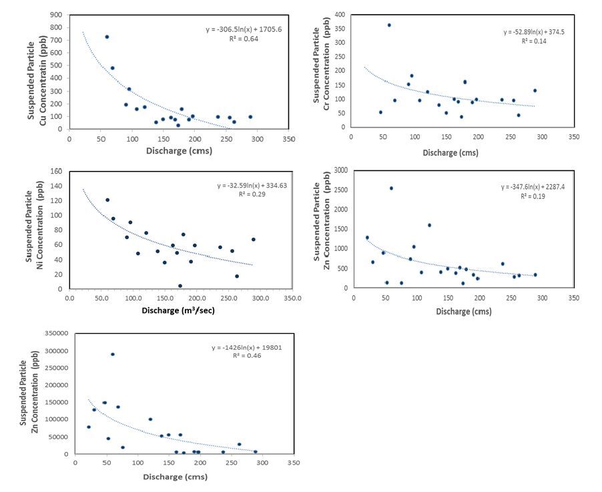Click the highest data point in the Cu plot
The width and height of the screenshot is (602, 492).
click(x=107, y=37)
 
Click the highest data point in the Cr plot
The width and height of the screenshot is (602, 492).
click(x=389, y=25)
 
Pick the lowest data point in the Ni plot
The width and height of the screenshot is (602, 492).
click(x=180, y=286)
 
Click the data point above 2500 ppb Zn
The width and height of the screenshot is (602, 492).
click(x=391, y=188)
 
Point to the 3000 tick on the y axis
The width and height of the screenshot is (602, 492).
click(x=340, y=170)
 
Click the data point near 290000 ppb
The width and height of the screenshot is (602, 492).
click(x=113, y=354)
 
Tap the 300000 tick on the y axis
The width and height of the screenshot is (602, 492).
click(x=57, y=351)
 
